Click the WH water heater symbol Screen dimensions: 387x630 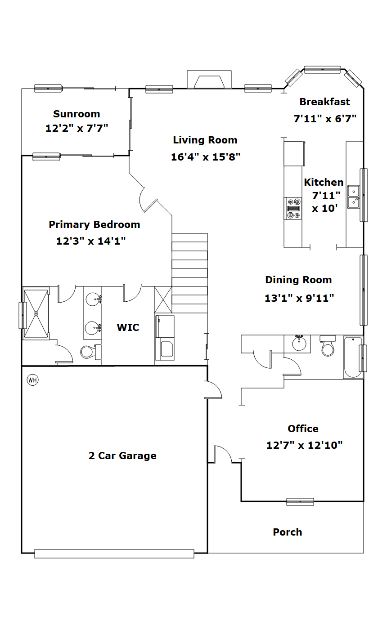[32, 380]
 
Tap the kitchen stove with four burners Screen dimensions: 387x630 [293, 208]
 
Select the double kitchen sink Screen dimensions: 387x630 [353, 197]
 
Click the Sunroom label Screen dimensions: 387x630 [76, 114]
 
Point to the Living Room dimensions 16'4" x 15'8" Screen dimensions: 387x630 [206, 157]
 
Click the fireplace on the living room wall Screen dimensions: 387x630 [209, 80]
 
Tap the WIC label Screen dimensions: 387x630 [128, 327]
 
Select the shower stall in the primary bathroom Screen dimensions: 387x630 [36, 313]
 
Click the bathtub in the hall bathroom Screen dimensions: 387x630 [353, 357]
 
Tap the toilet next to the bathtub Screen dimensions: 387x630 [328, 346]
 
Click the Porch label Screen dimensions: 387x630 [288, 532]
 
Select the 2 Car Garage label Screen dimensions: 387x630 [122, 456]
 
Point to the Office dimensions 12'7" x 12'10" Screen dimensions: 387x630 [305, 445]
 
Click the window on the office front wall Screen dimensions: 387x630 [300, 502]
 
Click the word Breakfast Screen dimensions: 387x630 [324, 102]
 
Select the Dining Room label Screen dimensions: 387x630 [298, 280]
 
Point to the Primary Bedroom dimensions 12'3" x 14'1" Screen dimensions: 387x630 [91, 241]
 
